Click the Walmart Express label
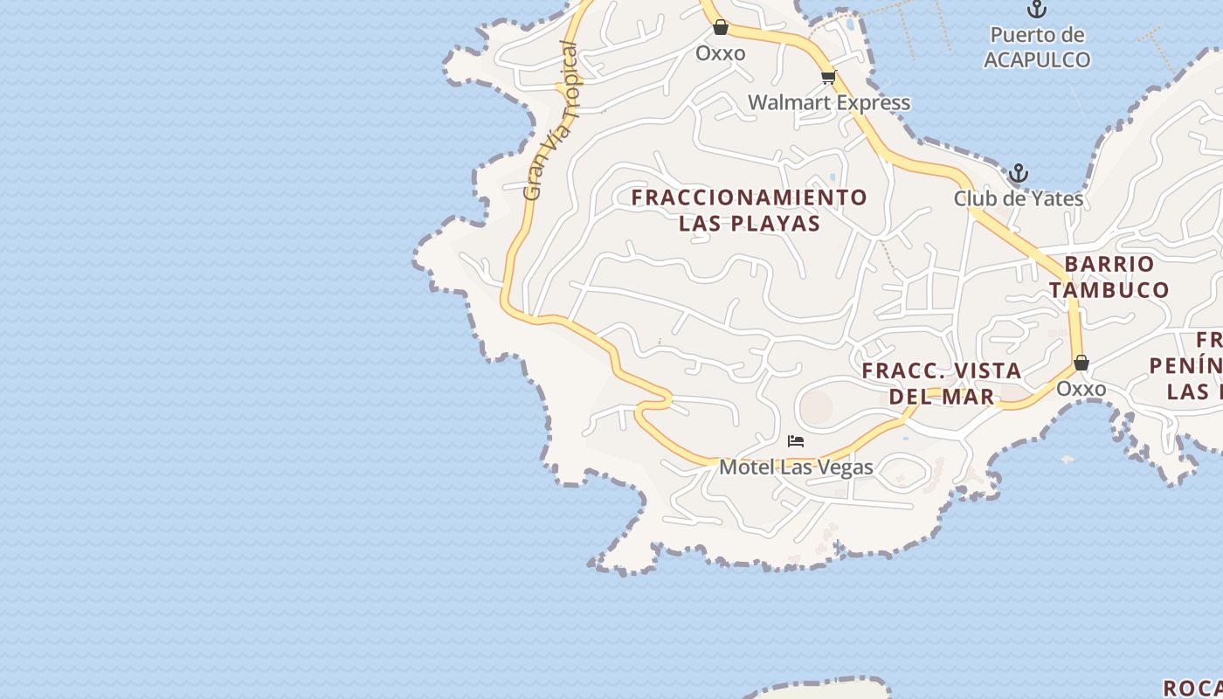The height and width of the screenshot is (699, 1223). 829,102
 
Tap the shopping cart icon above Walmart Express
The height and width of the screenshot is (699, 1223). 828,78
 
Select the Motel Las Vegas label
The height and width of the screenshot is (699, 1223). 796,467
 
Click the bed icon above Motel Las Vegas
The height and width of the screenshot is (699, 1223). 796,441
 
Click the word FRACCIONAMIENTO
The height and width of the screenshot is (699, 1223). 750,197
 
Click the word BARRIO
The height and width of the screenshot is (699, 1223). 1109,264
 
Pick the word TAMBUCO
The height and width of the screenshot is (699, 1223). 1109,289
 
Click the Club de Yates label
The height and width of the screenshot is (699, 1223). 1019,198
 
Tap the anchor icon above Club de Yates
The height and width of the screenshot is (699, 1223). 1019,172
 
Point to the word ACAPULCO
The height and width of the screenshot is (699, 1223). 1037,59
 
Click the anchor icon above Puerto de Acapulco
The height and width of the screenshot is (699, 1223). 1037,10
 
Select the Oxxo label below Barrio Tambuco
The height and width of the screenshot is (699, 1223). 1081,389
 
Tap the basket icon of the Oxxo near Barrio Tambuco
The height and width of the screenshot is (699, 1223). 1081,363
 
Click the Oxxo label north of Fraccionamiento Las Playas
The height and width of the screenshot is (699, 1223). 721,53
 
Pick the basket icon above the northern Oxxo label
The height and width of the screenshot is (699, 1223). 721,27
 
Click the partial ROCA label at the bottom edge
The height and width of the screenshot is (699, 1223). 1193,689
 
